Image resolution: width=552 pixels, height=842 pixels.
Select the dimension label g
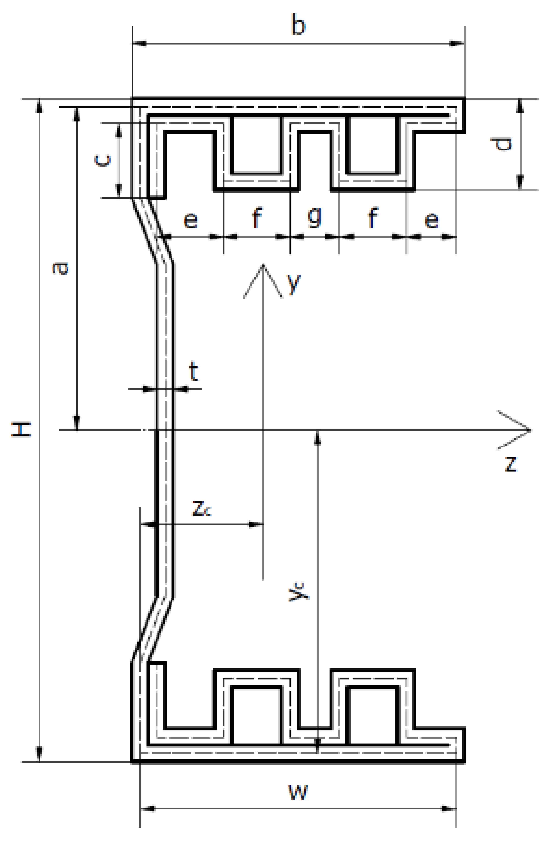pyautogui.click(x=315, y=217)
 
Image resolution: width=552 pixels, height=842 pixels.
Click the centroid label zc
pyautogui.click(x=202, y=508)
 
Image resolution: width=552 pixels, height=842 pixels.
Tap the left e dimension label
pyautogui.click(x=190, y=220)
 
